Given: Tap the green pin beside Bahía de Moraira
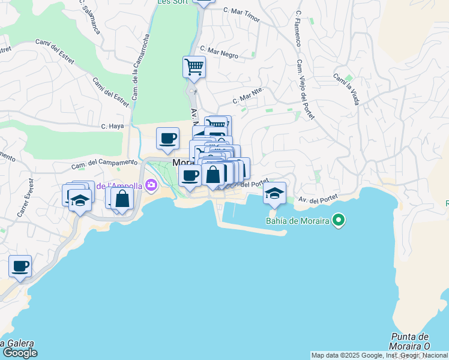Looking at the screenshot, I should [339, 221].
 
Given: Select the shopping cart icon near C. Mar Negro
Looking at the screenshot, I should [194, 67].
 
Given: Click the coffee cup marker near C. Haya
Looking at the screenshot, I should [167, 139].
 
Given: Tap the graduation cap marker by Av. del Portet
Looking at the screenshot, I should [274, 193].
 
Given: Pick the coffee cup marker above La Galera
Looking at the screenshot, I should [20, 266].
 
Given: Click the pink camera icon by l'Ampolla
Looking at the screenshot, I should [150, 185].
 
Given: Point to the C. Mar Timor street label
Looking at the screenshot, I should [241, 14].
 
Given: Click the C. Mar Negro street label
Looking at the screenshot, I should [219, 52].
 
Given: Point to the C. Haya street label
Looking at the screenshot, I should [112, 126].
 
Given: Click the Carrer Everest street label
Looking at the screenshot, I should [24, 198].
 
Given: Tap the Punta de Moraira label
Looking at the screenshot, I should [410, 341].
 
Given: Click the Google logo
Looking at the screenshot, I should [20, 353].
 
